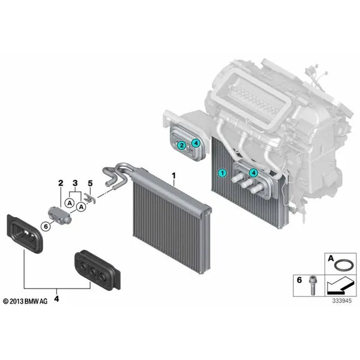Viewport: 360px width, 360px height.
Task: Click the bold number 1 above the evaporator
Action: pos(173,176)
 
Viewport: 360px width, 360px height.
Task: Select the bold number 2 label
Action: pos(61,183)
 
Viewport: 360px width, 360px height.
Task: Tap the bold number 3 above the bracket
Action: pos(75,183)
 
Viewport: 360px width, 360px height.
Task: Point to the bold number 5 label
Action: pos(90,183)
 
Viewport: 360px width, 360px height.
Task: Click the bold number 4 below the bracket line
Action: pos(56,299)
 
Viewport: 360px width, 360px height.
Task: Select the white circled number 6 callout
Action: pos(46,226)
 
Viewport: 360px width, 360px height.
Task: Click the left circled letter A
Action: pos(70,203)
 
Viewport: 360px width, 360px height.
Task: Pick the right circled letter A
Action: pos(81,207)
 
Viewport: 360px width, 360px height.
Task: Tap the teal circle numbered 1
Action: pos(222,173)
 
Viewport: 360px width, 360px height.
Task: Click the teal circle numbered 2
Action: pos(182,145)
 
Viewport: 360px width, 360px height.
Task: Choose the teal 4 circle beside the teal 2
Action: pos(196,143)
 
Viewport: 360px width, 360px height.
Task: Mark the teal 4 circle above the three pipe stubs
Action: pos(253,172)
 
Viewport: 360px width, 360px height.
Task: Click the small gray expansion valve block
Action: pos(59,214)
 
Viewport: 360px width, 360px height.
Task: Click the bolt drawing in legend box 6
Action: pos(313,285)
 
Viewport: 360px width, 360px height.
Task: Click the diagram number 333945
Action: pos(342,301)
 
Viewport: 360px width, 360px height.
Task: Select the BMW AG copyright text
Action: pos(25,301)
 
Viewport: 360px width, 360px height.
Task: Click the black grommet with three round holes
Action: pos(98,270)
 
